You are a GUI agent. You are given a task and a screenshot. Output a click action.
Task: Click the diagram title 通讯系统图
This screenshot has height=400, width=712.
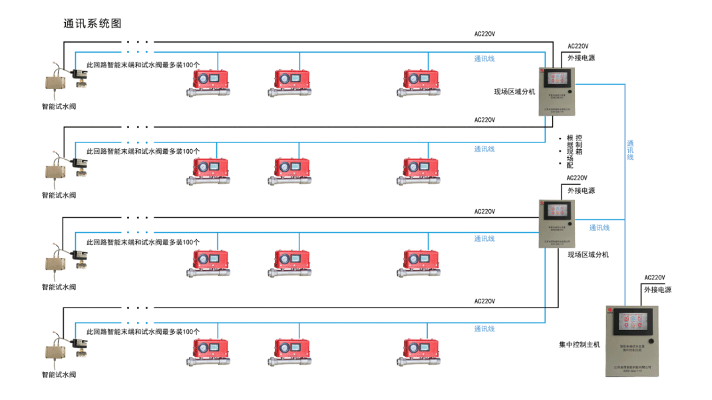pyautogui.click(x=92, y=23)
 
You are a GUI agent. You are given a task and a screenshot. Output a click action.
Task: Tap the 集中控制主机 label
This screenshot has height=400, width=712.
pyautogui.click(x=580, y=345)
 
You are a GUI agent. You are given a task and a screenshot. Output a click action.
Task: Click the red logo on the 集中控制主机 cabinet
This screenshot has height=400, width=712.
pyautogui.click(x=610, y=309)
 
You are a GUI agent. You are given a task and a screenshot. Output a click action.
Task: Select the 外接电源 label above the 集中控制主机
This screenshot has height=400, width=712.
pyautogui.click(x=657, y=290)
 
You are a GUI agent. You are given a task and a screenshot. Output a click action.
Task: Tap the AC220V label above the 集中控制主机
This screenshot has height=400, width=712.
pyautogui.click(x=655, y=278)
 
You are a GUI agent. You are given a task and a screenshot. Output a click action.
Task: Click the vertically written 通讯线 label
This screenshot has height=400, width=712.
pyautogui.click(x=630, y=150)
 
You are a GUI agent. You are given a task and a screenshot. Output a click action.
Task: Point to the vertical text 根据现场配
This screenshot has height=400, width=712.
pyautogui.click(x=570, y=152)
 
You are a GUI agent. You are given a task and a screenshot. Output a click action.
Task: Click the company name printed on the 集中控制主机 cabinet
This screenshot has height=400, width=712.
pyautogui.click(x=631, y=365)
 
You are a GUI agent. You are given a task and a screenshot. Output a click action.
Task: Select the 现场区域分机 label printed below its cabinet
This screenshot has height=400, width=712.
pyautogui.click(x=588, y=255)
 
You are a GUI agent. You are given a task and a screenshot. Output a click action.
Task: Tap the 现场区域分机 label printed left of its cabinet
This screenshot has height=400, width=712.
pyautogui.click(x=514, y=92)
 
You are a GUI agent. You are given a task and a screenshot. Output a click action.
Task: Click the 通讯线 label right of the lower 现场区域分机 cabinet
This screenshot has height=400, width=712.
pyautogui.click(x=599, y=228)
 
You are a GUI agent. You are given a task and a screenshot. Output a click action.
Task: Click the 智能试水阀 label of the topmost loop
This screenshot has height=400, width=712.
pyautogui.click(x=59, y=106)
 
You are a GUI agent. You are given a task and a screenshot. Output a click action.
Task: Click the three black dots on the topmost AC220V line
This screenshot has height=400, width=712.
pyautogui.click(x=138, y=42)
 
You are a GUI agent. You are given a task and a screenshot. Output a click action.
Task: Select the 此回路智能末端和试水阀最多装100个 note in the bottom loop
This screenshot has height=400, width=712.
pyautogui.click(x=143, y=331)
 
